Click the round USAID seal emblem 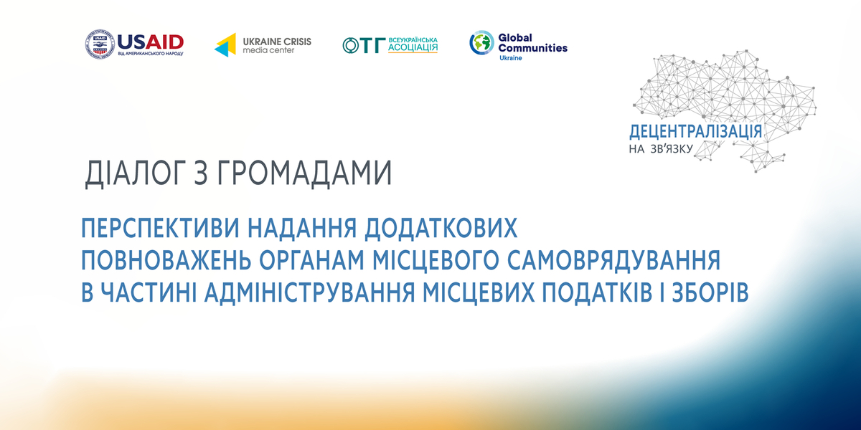100,44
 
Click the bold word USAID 150,41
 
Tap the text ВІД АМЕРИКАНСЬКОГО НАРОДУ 150,54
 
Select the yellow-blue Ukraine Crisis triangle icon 225,44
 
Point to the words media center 268,51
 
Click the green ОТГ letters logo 363,45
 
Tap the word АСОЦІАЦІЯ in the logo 413,49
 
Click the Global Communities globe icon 481,42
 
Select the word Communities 532,48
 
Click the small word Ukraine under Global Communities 511,58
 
